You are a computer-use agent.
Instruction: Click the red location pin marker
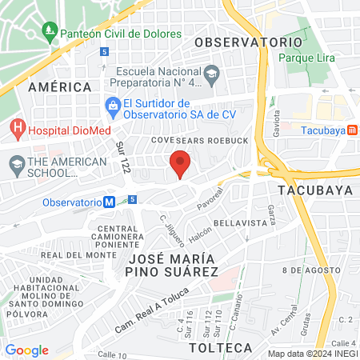pyautogui.click(x=180, y=163)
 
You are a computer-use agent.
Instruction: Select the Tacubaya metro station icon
pyautogui.click(x=353, y=131)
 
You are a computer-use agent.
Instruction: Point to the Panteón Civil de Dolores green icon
pyautogui.click(x=50, y=33)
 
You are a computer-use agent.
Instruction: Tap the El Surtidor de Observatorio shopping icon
pyautogui.click(x=114, y=106)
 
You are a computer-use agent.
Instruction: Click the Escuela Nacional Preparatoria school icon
pyautogui.click(x=211, y=76)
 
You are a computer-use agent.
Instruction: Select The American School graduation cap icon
pyautogui.click(x=16, y=166)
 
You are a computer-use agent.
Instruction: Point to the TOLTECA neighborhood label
pyautogui.click(x=220, y=348)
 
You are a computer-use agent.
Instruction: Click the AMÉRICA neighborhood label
pyautogui.click(x=59, y=86)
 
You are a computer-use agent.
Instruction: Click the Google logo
pyautogui.click(x=26, y=350)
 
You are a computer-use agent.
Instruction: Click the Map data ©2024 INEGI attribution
pyautogui.click(x=313, y=354)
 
